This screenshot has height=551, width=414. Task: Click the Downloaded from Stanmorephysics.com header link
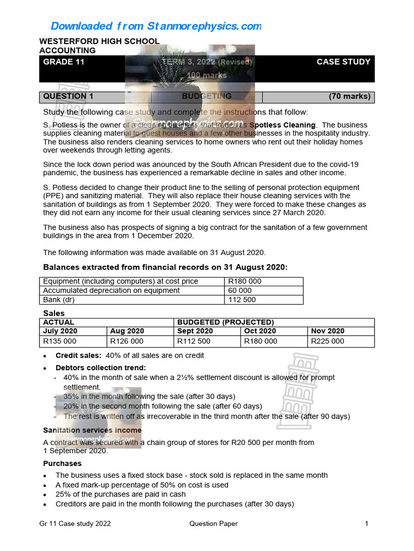click(156, 26)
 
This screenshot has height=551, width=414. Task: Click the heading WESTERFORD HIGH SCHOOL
click(100, 41)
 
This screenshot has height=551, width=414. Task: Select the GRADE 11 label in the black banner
click(64, 62)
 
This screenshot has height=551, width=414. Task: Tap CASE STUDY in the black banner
click(343, 62)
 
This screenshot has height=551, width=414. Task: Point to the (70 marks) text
click(349, 97)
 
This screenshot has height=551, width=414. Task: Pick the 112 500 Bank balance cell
click(242, 300)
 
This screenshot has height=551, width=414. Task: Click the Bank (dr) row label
click(59, 300)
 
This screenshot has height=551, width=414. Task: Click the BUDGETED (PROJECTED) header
click(225, 322)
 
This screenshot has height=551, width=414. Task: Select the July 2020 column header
click(60, 331)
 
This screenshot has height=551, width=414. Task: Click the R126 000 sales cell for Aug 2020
click(127, 341)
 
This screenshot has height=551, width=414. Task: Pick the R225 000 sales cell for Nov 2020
click(327, 341)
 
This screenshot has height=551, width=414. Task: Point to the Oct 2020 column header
click(260, 331)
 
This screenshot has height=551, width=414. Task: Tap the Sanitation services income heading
click(92, 430)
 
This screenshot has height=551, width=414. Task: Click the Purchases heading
click(62, 464)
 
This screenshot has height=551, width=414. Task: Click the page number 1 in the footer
click(367, 524)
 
